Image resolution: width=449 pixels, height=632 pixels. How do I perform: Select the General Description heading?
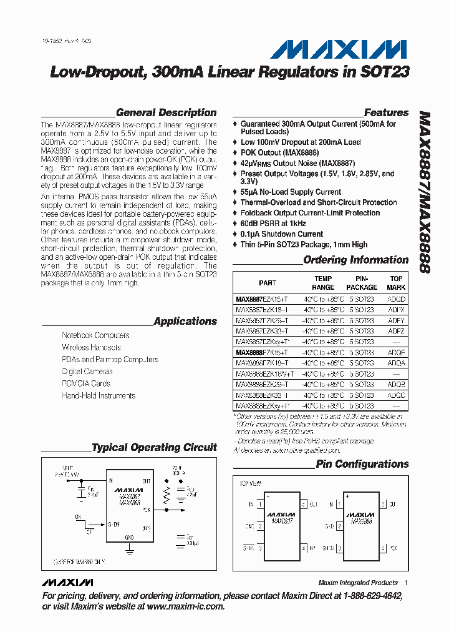(x=167, y=113)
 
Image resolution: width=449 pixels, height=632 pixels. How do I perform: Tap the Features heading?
(x=386, y=113)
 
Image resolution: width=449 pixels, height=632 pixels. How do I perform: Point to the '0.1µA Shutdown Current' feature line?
(x=282, y=234)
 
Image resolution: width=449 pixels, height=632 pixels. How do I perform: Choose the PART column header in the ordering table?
(x=268, y=283)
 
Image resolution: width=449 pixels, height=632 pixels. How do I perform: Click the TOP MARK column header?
(x=396, y=283)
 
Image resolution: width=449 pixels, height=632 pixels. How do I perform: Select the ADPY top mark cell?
(x=396, y=320)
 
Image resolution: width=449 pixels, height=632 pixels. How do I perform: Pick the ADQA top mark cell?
(x=396, y=363)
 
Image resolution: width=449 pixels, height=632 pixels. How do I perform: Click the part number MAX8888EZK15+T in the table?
(x=261, y=352)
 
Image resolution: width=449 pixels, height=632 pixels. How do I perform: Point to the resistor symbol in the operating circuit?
(x=167, y=496)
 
